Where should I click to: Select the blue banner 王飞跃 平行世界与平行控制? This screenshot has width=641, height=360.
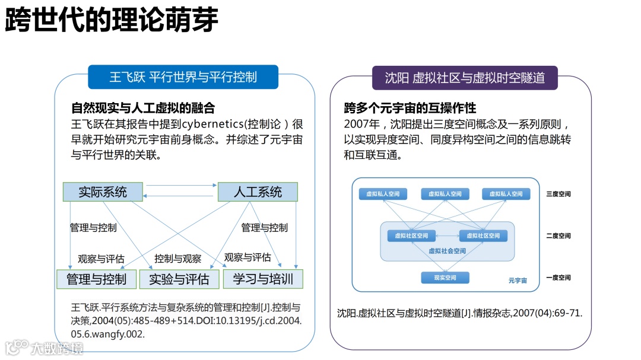[183, 77]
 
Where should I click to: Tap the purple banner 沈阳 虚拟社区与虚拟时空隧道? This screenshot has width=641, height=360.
[464, 78]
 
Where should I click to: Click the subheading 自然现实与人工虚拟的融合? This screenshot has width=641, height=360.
[142, 108]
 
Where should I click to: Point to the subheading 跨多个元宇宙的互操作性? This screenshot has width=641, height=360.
[410, 108]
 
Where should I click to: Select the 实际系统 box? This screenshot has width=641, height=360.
[103, 192]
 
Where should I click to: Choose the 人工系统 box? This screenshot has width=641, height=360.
[258, 192]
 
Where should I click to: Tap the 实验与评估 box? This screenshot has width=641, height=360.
[179, 279]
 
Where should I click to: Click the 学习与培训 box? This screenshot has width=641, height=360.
[262, 279]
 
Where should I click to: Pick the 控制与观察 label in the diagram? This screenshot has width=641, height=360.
[178, 259]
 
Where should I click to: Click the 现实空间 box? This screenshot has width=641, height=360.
[445, 278]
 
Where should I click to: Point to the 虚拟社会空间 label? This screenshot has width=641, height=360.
[447, 251]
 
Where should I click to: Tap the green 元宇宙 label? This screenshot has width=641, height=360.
[518, 280]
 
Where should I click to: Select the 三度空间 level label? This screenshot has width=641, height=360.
[559, 194]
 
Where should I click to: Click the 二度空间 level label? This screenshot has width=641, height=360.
[559, 235]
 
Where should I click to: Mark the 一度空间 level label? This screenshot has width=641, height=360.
[559, 278]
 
